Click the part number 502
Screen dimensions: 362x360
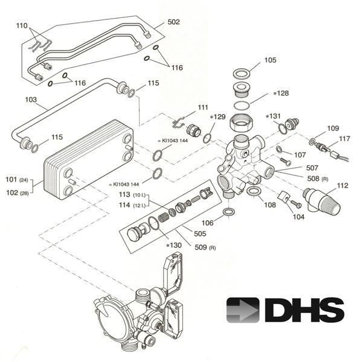click(x=174, y=22)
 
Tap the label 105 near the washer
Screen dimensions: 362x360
click(x=270, y=60)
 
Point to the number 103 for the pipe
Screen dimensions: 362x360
click(x=31, y=98)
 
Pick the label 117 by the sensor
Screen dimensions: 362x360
click(x=344, y=139)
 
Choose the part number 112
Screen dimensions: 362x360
click(x=342, y=185)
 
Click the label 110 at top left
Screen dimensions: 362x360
click(x=22, y=26)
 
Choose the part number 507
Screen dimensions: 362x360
click(x=312, y=168)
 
